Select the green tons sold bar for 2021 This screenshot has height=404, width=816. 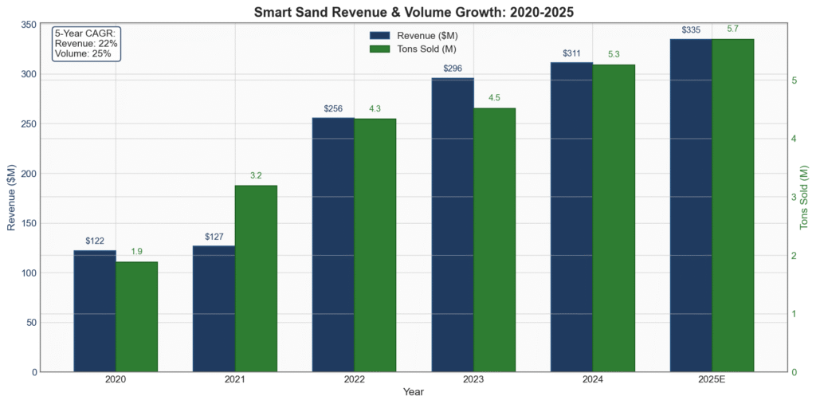click(x=256, y=278)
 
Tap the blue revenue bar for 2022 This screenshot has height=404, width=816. click(x=333, y=245)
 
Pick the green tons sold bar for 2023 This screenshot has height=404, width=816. click(x=494, y=240)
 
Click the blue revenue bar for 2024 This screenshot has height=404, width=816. click(x=571, y=217)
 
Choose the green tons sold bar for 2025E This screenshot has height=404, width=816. click(x=732, y=205)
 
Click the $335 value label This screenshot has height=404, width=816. click(x=691, y=30)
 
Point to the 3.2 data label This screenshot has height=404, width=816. click(x=256, y=175)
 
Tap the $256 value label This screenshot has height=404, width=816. click(x=333, y=108)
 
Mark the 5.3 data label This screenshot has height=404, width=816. click(x=614, y=54)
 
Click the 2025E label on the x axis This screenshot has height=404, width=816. click(x=712, y=380)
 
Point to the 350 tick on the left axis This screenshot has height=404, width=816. click(x=27, y=25)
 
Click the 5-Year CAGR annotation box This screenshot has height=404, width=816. click(x=86, y=44)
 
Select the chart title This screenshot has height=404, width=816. click(x=413, y=11)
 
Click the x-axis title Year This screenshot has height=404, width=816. click(x=413, y=392)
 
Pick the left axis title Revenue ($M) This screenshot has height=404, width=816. click(x=11, y=198)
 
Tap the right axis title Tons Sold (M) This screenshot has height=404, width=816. click(x=805, y=198)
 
